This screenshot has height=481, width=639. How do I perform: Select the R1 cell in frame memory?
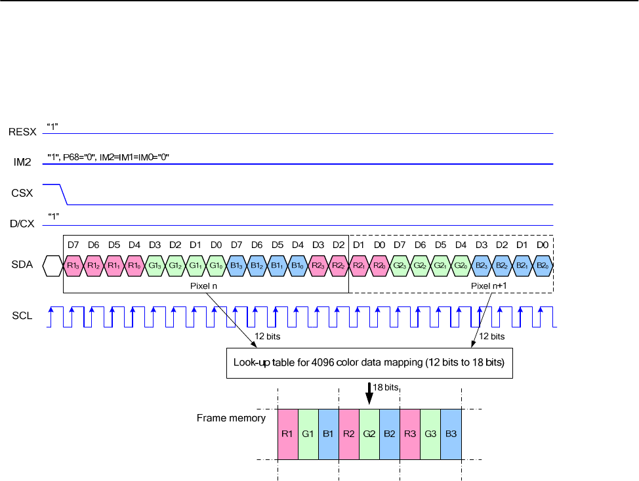(287, 434)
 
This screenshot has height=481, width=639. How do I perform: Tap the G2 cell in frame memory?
(369, 434)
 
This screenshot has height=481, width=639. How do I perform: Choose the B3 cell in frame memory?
(451, 434)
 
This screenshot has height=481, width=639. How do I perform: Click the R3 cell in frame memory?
(410, 434)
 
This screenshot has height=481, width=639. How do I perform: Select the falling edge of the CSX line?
(64, 195)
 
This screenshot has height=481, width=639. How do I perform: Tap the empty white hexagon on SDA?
(52, 266)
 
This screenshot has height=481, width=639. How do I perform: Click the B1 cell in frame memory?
(328, 434)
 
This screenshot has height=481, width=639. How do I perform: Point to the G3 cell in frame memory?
(430, 434)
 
